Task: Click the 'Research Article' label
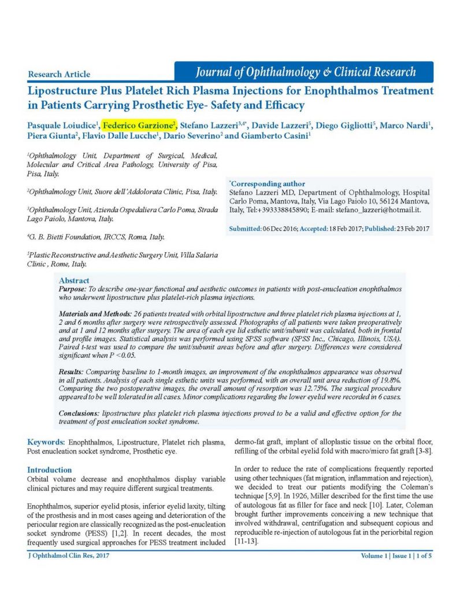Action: coord(59,74)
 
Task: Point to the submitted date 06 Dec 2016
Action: coord(279,229)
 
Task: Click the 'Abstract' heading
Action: coord(74,281)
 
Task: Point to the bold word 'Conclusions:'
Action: coord(79,414)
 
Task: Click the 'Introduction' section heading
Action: coord(50,470)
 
